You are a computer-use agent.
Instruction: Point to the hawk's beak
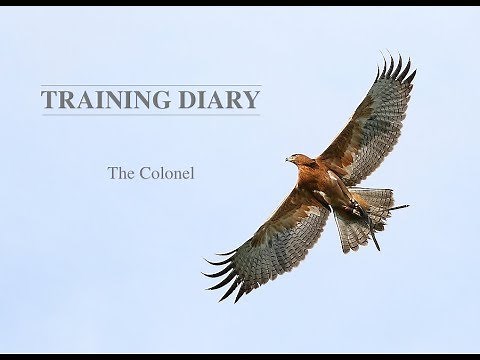point(288,158)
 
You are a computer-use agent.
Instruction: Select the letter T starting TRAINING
point(47,100)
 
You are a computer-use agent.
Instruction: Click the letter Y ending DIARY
point(252,100)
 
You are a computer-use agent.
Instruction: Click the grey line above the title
point(150,85)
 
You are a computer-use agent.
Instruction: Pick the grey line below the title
point(150,115)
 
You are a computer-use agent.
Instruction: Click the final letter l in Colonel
point(191,171)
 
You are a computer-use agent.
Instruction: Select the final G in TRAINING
point(166,100)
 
